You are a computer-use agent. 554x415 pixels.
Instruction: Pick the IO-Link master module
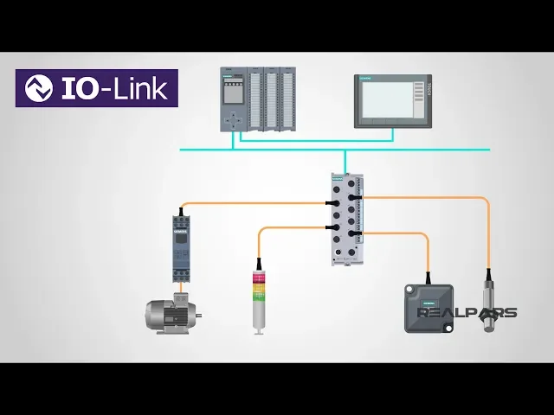(x=346, y=218)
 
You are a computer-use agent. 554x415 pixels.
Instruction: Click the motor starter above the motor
(x=181, y=246)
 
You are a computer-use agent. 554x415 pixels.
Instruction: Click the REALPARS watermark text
(x=468, y=313)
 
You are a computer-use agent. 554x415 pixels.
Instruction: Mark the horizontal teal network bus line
(x=433, y=150)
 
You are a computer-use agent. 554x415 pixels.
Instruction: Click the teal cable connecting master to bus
(x=345, y=162)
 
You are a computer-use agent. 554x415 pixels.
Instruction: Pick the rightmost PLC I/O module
(x=287, y=99)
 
